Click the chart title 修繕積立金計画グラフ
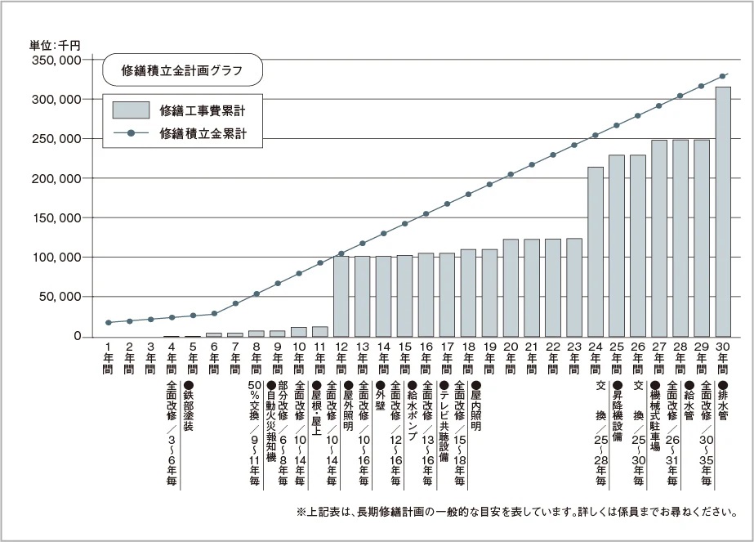coord(181,70)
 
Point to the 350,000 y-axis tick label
coord(55,60)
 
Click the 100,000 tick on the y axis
coord(55,258)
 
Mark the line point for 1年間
coord(108,323)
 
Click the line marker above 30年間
coord(723,76)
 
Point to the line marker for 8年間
coord(257,293)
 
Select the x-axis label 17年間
coord(447,357)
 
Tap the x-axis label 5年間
coord(192,357)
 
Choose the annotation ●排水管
coord(723,401)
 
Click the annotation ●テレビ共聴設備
coord(444,422)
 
